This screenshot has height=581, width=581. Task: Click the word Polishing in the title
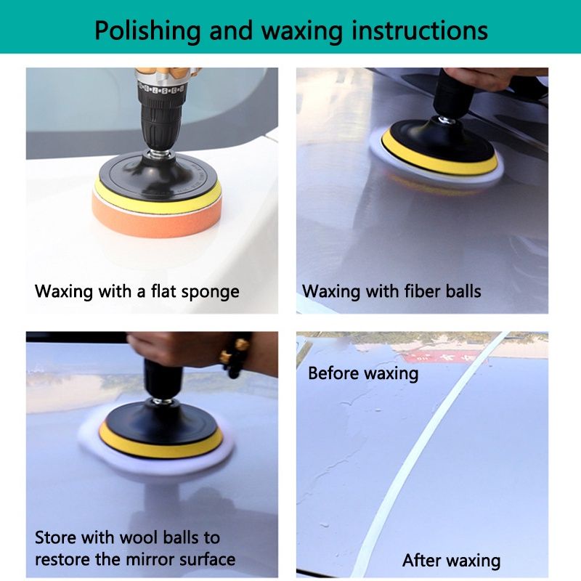(x=147, y=31)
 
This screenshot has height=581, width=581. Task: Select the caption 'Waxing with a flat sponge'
(x=137, y=291)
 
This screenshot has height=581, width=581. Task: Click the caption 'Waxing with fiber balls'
(x=391, y=291)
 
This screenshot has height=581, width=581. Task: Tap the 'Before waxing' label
(x=363, y=373)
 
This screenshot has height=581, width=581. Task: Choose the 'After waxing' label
(x=451, y=561)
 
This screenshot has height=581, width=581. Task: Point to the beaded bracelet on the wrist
(x=235, y=356)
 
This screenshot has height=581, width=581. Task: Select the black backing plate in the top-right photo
(x=443, y=140)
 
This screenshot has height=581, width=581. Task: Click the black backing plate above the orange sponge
(x=158, y=175)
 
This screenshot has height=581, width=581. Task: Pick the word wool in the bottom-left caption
(x=139, y=537)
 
